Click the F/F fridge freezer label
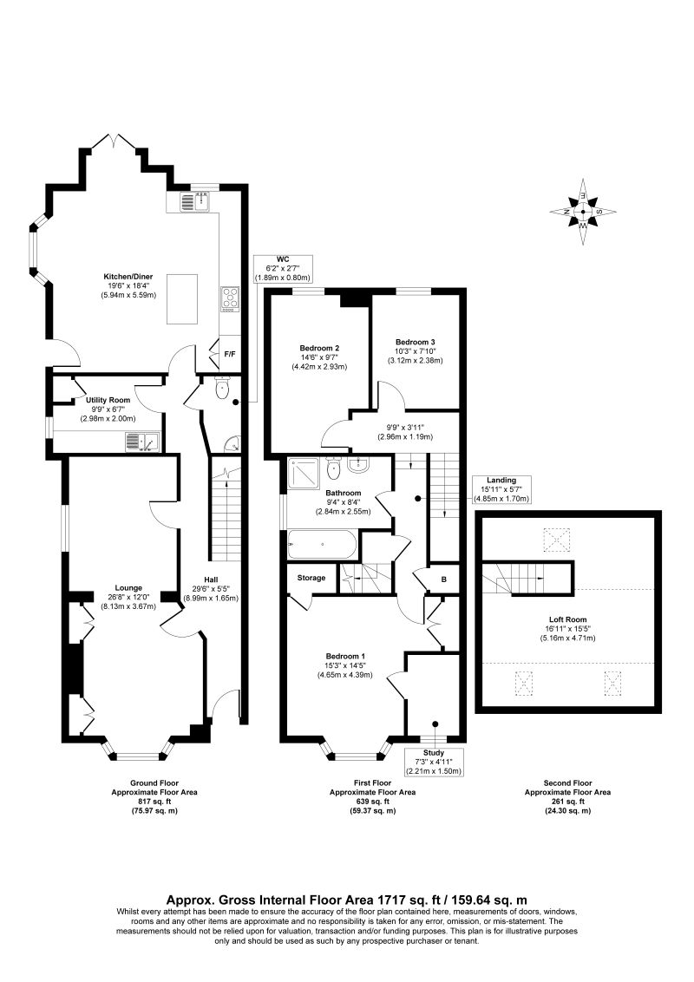(x=230, y=354)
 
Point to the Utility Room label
(x=108, y=400)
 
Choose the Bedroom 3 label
(x=415, y=342)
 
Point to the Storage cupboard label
(x=311, y=578)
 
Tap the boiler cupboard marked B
(x=444, y=578)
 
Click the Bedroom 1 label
(x=345, y=655)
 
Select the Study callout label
(x=434, y=753)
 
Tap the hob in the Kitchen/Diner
(x=231, y=298)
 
